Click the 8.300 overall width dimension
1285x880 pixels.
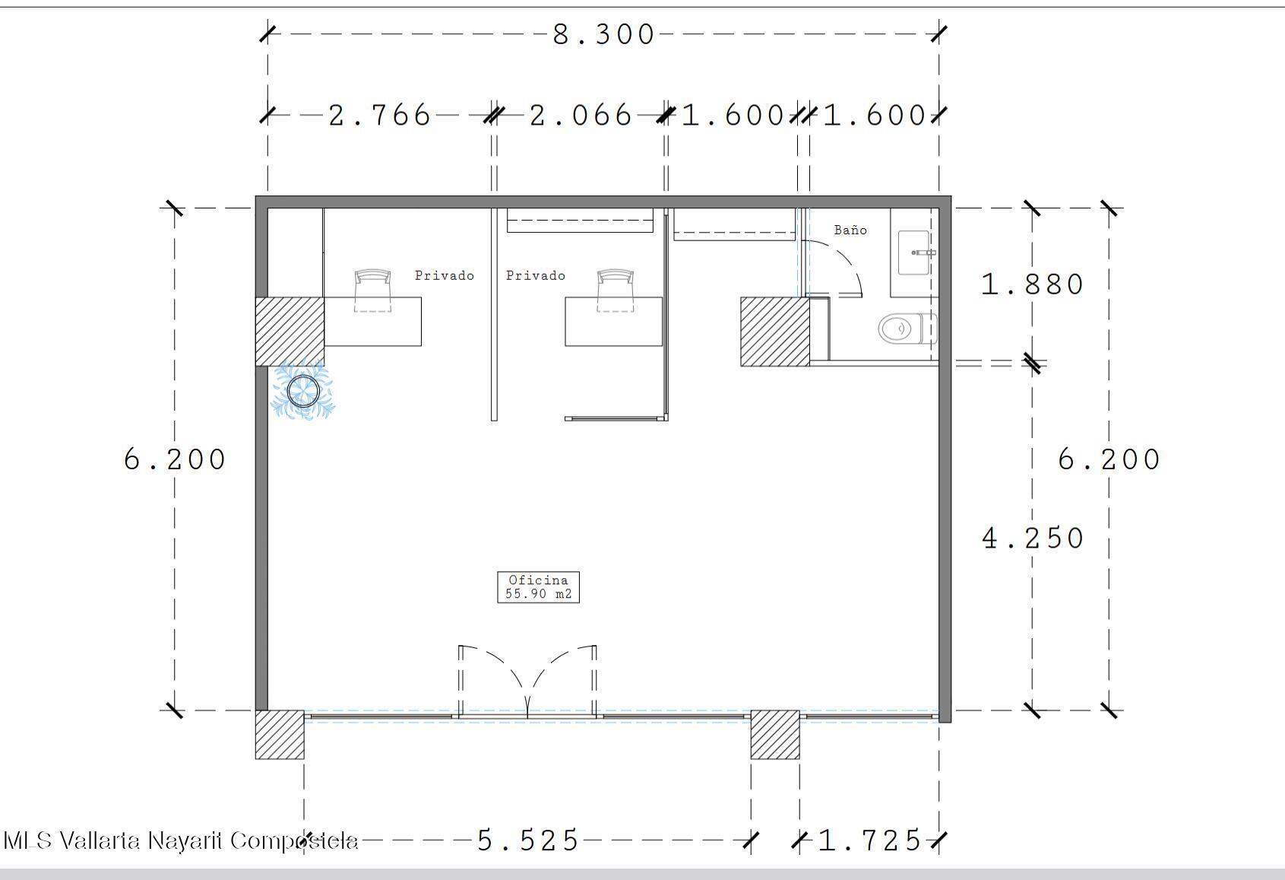603,34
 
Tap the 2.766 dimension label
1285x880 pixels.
379,116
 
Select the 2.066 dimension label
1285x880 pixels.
580,116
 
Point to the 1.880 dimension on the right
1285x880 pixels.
1032,284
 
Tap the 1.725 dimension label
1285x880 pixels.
869,840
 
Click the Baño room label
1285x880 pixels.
850,230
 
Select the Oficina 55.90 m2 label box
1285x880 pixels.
538,587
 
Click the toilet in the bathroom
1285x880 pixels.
907,329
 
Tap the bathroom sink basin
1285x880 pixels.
914,253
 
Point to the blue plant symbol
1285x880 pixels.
303,390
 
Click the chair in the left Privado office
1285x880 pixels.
372,291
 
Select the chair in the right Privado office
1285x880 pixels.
615,291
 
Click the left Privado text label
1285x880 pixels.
444,275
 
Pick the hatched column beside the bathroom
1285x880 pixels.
775,331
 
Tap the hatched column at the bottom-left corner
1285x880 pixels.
280,735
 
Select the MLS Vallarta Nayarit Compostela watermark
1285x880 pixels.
181,841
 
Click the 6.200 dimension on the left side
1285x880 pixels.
174,459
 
